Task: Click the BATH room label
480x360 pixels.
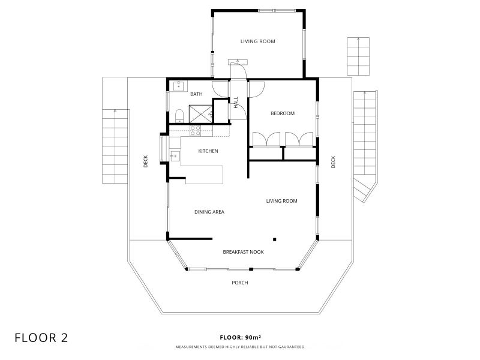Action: coord(196,94)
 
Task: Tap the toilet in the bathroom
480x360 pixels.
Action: coord(179,116)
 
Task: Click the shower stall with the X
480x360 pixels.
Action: coord(200,114)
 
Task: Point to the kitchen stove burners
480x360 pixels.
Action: coord(196,131)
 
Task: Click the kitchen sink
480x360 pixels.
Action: coord(175,156)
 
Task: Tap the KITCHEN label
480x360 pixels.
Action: coord(208,151)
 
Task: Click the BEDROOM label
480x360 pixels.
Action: coord(283,113)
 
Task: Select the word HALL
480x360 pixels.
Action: coord(236,103)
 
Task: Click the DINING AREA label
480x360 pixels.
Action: coord(209,212)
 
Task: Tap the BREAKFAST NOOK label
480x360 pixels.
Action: coord(244,252)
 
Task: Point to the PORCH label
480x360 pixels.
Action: coord(240,283)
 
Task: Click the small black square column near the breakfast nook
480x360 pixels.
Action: coord(275,239)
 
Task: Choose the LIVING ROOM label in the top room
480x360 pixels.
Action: coord(258,41)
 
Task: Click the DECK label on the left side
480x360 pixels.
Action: coord(145,161)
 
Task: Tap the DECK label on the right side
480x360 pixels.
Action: coord(333,162)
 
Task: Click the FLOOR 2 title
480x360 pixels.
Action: coord(41,338)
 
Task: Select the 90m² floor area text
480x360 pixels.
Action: coord(253,337)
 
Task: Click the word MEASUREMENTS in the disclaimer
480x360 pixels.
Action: coord(191,347)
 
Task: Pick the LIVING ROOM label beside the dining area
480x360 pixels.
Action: coord(281,201)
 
